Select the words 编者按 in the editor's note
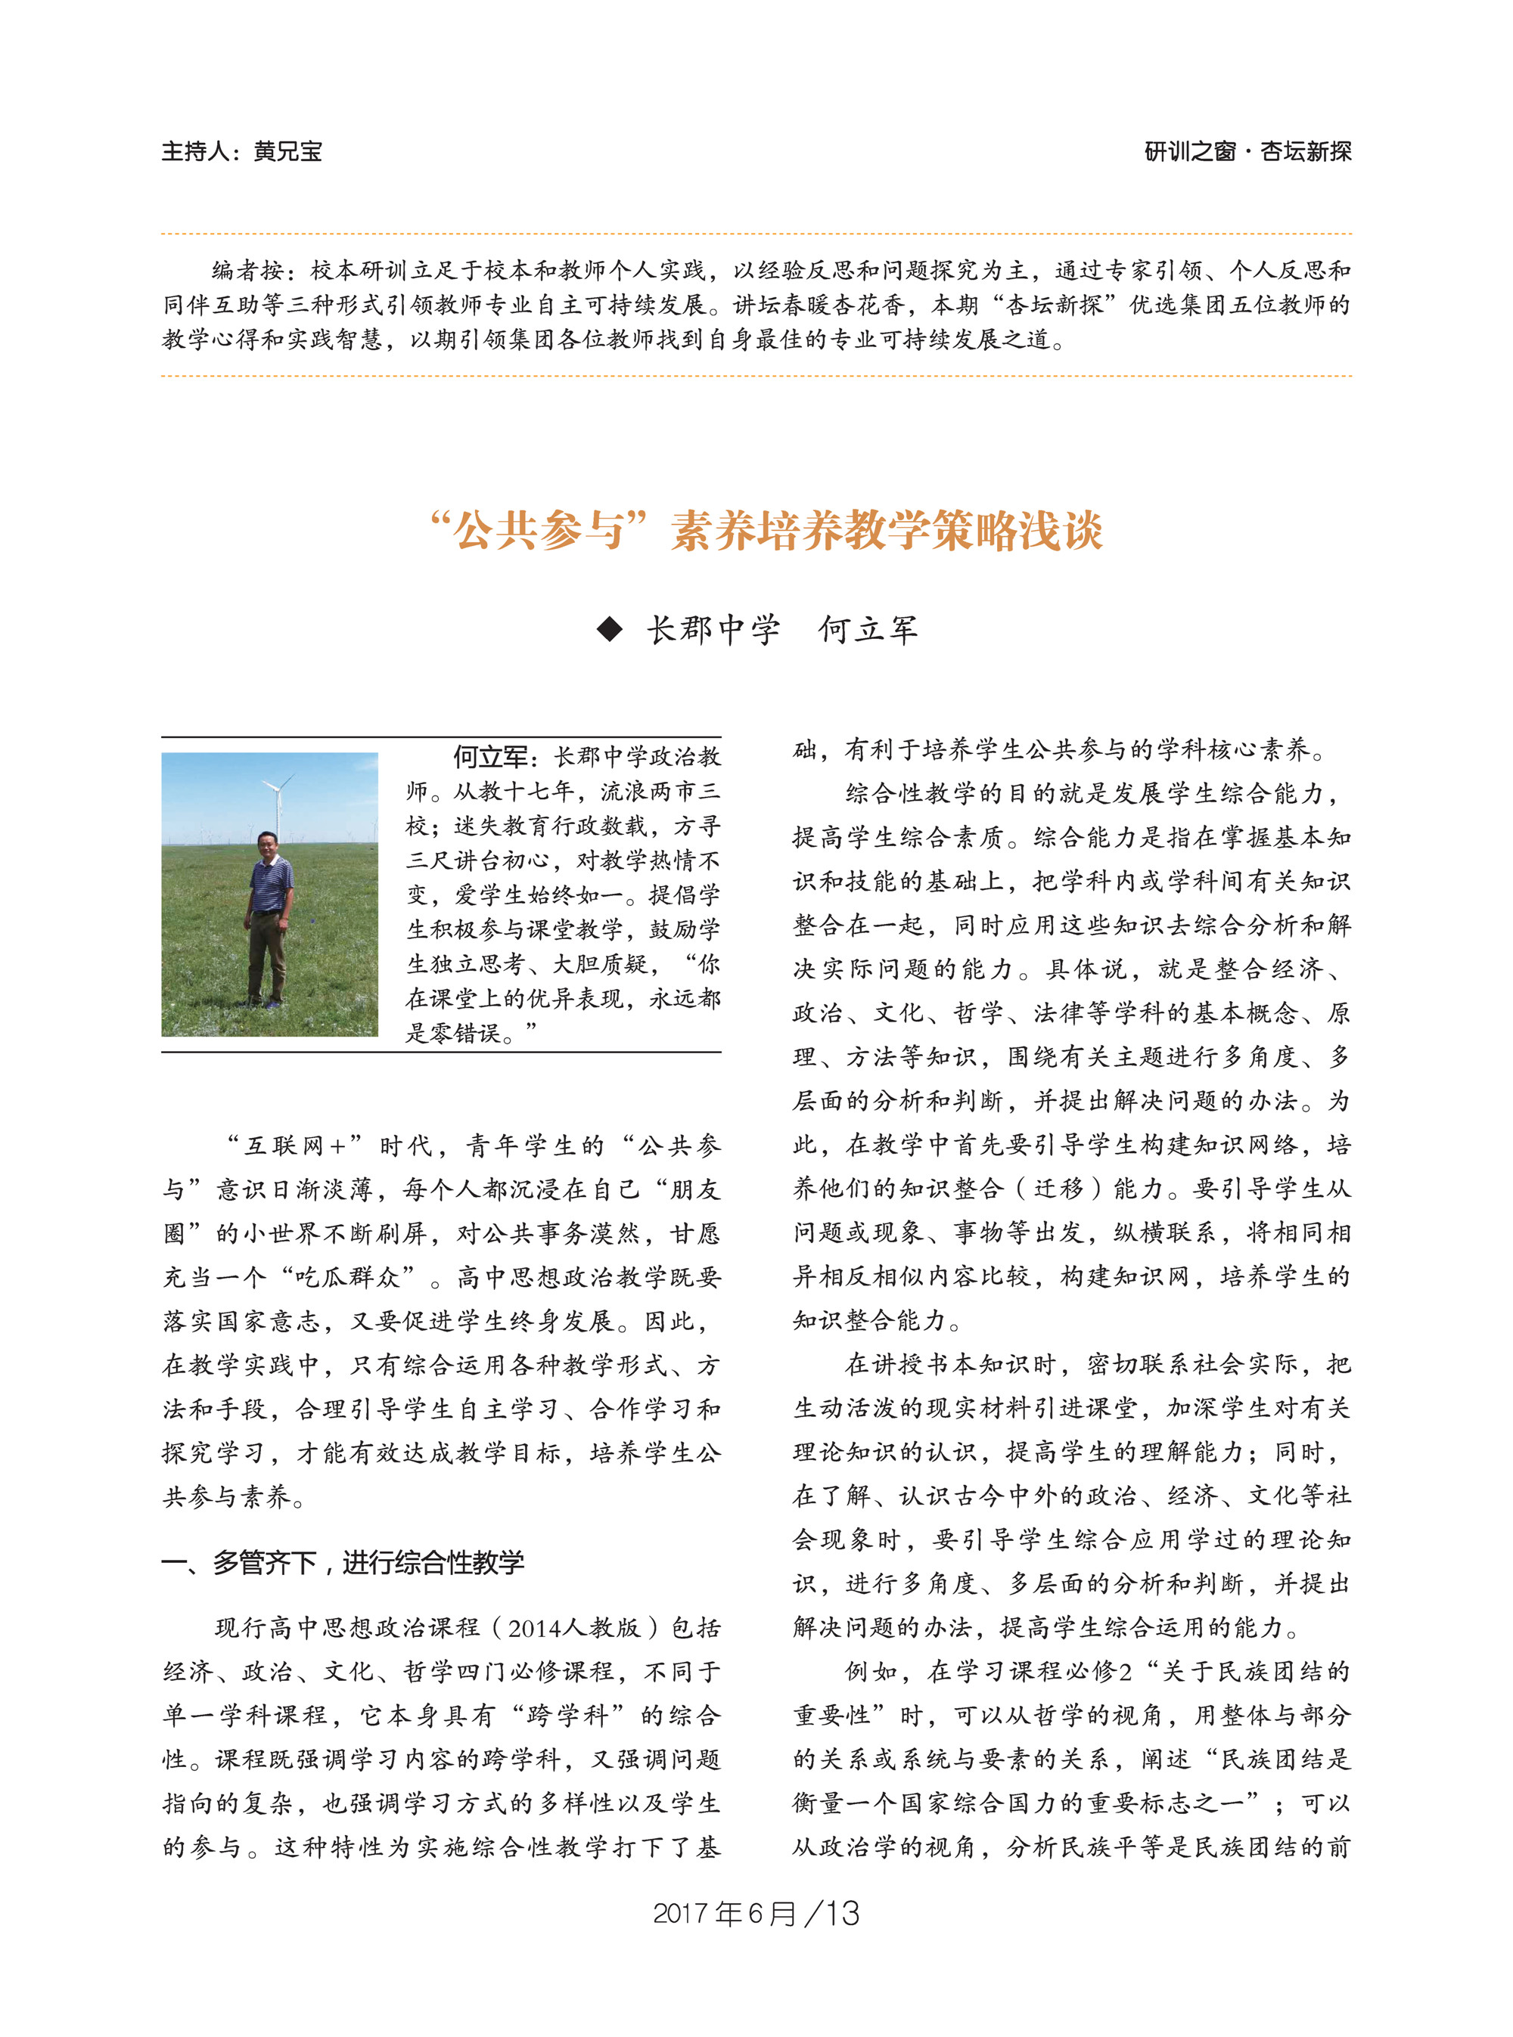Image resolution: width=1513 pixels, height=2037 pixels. click(247, 270)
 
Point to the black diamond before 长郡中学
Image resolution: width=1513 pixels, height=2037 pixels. click(609, 630)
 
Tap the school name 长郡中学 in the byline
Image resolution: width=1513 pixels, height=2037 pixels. click(713, 630)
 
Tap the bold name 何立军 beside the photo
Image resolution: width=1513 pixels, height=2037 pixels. click(490, 757)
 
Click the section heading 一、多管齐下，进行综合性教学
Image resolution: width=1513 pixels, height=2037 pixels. click(343, 1563)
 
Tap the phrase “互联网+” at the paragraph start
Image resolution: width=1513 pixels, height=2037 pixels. click(294, 1146)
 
